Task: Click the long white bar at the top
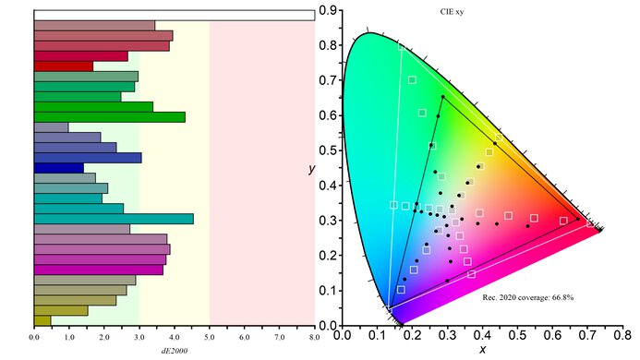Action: (174, 15)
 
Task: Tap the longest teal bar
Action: (113, 219)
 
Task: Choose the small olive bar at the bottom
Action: (42, 320)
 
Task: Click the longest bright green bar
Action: (109, 116)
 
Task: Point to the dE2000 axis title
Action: (174, 350)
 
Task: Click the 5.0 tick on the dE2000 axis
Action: (210, 338)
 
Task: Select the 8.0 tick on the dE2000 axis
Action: (315, 338)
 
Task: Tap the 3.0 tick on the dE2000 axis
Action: (139, 338)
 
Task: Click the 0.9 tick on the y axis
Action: (326, 11)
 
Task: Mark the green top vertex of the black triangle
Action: (442, 96)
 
